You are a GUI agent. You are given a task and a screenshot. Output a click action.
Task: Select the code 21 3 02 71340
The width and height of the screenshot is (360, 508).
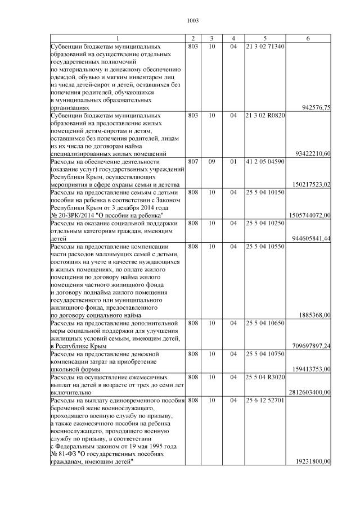(264, 46)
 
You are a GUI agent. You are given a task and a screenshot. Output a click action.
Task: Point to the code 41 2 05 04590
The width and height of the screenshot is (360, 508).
(265, 161)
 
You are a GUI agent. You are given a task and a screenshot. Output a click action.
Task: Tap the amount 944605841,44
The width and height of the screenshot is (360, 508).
(310, 238)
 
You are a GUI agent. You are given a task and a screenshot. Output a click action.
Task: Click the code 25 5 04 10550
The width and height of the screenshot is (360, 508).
(265, 246)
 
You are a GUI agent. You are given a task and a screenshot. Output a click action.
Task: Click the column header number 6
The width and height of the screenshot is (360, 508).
(308, 38)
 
